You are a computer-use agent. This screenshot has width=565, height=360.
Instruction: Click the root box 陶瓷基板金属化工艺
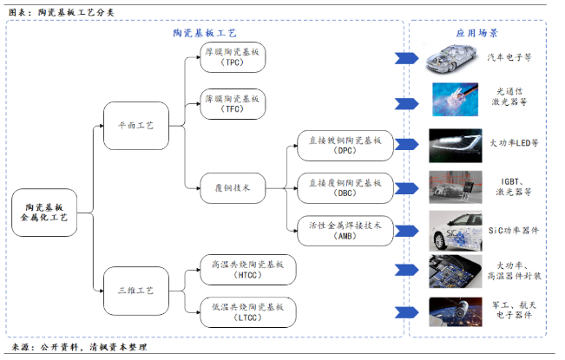(44, 213)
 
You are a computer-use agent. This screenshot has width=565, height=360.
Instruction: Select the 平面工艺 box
(136, 126)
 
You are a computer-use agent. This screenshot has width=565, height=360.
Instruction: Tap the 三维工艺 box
(136, 291)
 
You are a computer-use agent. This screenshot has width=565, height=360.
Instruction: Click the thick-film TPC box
(233, 57)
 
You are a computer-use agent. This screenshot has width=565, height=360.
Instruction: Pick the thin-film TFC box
(233, 104)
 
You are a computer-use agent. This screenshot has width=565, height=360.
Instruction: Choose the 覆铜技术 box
(233, 188)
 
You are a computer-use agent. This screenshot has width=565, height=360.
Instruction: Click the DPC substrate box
(345, 146)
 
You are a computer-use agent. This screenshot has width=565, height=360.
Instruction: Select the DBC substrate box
(345, 188)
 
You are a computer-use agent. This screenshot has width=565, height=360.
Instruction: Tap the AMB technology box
(345, 231)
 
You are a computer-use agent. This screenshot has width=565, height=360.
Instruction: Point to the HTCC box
(248, 270)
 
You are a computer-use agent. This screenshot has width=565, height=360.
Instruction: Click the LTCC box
(248, 312)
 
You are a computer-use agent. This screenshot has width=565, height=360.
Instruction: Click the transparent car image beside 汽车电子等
(452, 58)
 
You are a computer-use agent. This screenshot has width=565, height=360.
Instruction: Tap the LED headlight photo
(456, 146)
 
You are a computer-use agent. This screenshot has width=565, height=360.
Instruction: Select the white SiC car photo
(456, 231)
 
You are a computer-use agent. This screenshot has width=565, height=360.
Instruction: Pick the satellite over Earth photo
(456, 312)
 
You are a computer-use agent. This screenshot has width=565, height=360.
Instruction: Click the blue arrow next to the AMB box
(407, 231)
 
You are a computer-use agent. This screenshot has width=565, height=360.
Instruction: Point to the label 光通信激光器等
(509, 97)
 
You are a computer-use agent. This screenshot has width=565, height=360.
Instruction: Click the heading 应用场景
(476, 33)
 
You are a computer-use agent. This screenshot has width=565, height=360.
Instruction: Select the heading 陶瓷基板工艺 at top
(205, 33)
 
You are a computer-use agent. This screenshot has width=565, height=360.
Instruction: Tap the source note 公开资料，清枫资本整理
(94, 347)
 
